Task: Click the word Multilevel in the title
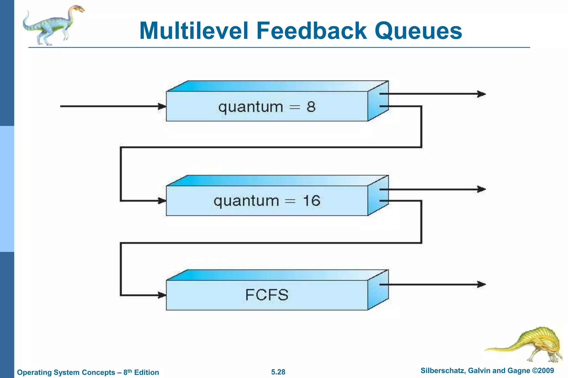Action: point(194,31)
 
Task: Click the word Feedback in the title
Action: point(311,31)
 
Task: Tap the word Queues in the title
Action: point(418,31)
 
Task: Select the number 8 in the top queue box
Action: point(311,107)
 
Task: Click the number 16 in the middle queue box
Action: point(311,200)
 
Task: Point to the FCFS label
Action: point(267,295)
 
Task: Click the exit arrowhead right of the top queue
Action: point(481,94)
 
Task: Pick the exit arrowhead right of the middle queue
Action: point(481,189)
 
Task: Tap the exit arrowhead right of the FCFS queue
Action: point(481,284)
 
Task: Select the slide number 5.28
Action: point(278,372)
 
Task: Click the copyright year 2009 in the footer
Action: point(546,371)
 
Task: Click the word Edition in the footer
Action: point(146,372)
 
